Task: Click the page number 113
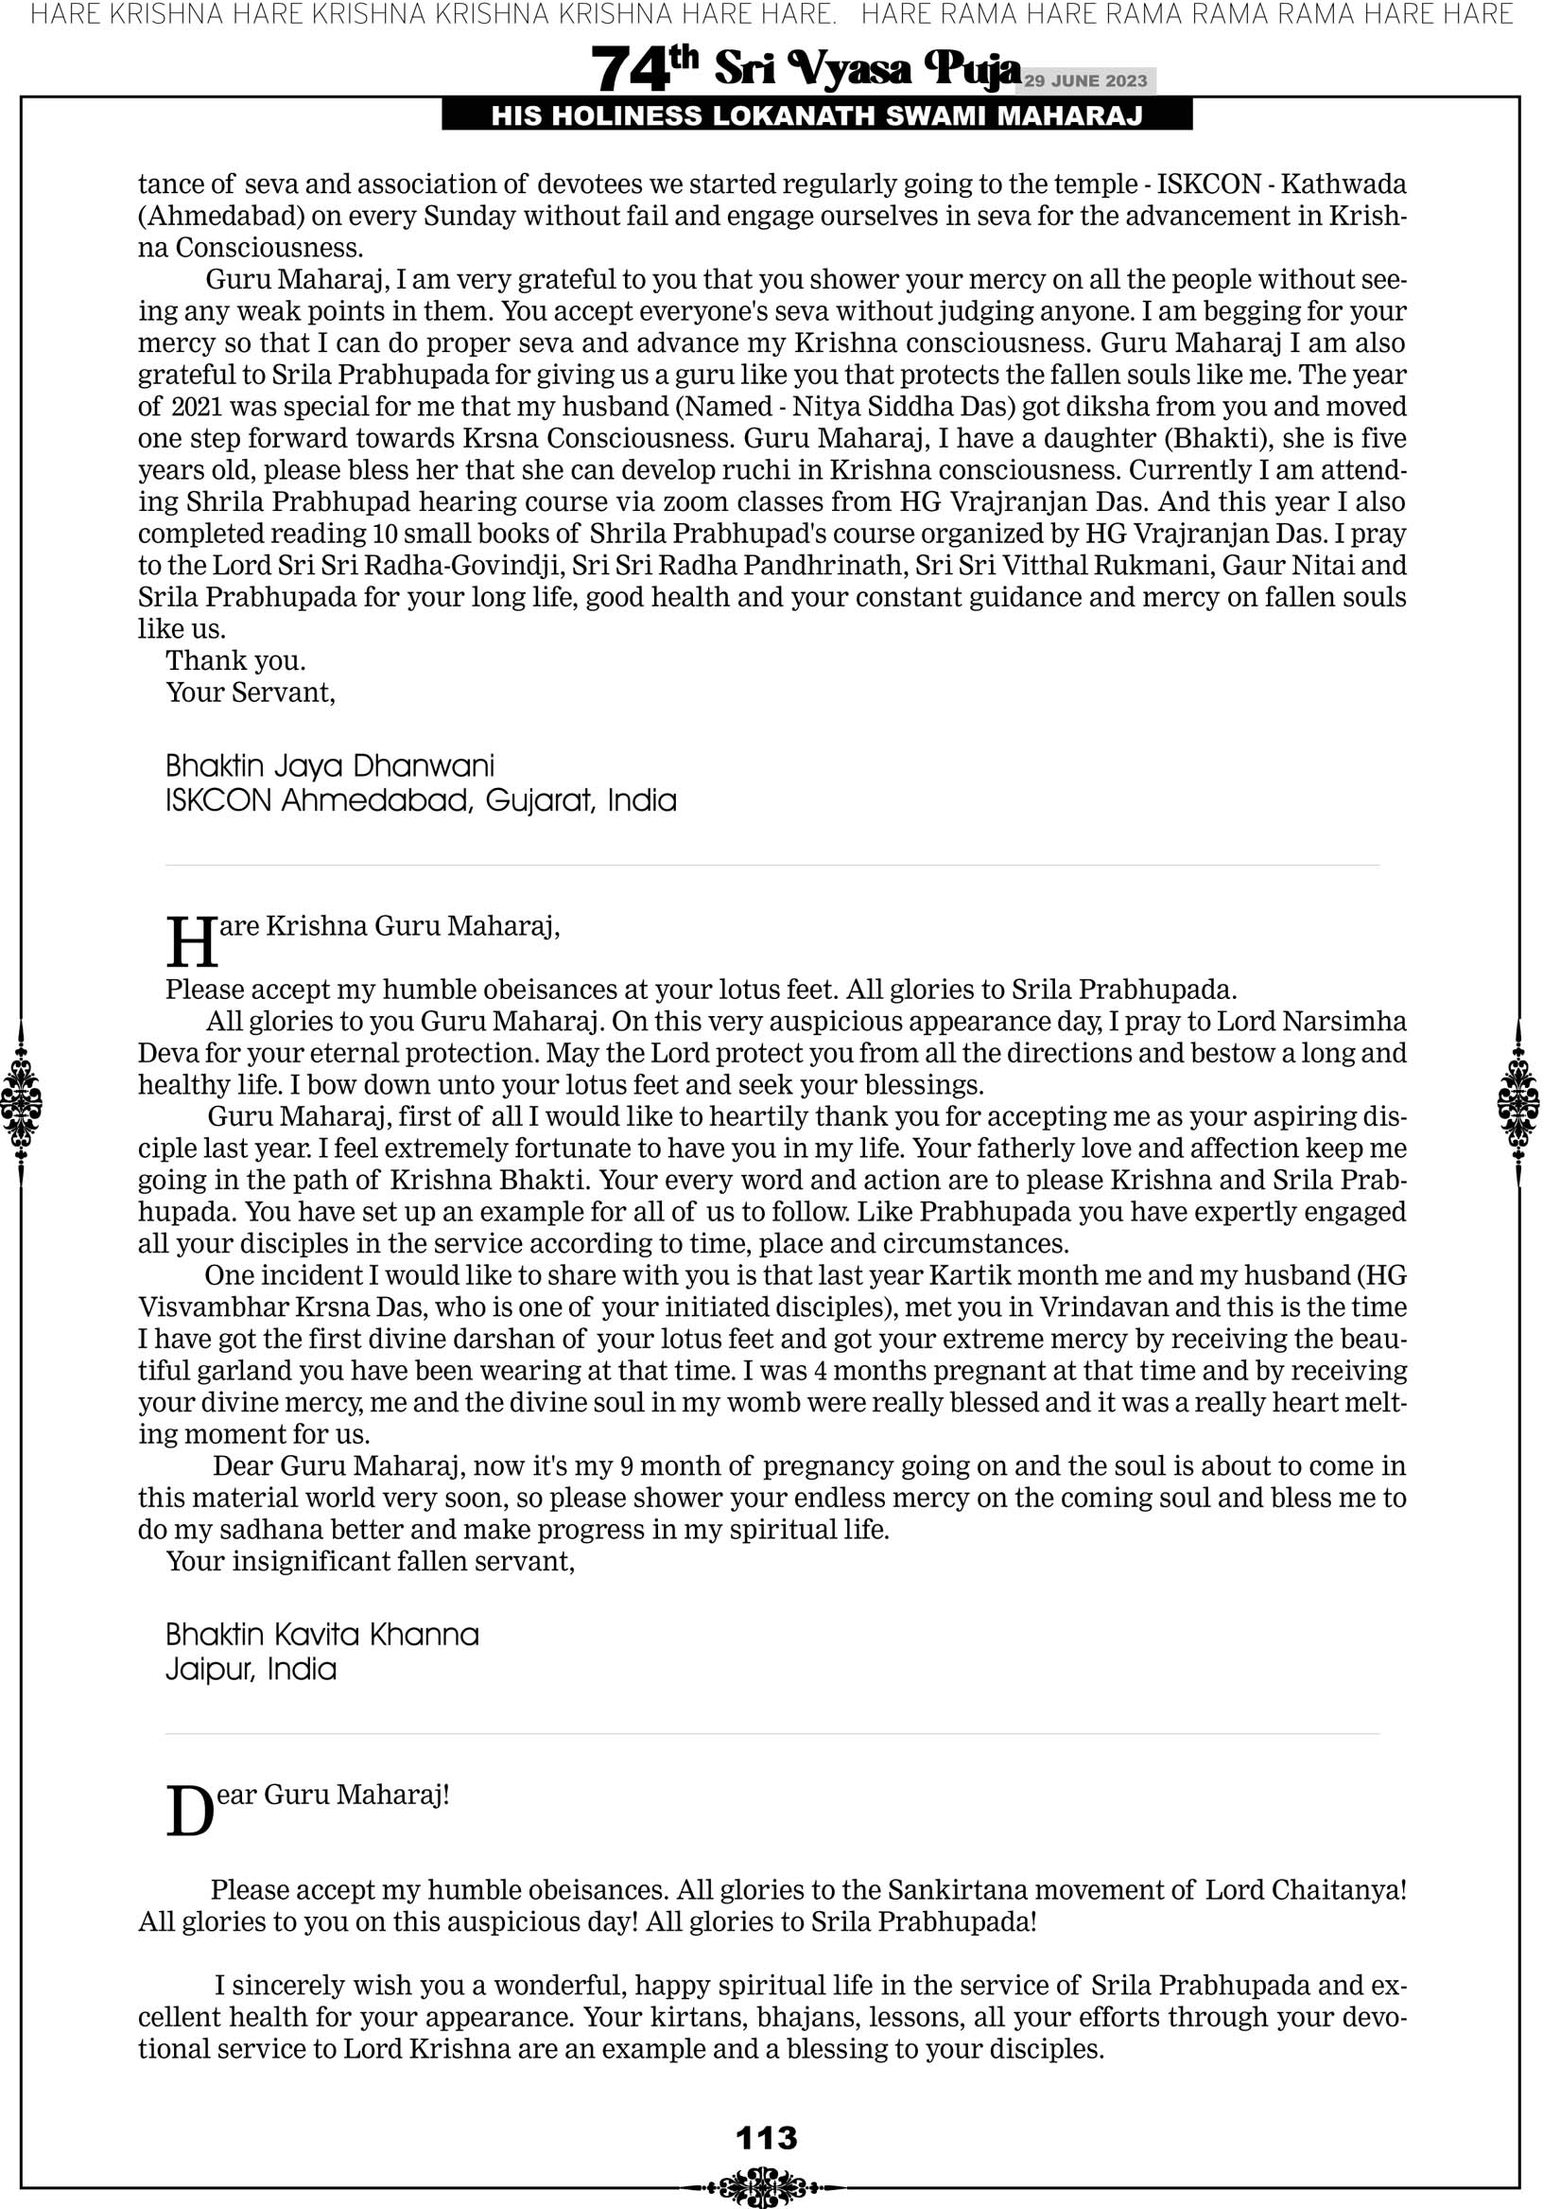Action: pyautogui.click(x=767, y=2138)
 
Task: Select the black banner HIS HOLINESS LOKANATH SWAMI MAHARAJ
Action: pyautogui.click(x=817, y=116)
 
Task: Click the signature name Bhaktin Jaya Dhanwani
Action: pyautogui.click(x=330, y=766)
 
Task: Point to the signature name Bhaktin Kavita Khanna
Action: pyautogui.click(x=322, y=1635)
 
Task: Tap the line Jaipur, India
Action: pyautogui.click(x=251, y=1669)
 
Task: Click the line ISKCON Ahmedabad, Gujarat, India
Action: pyautogui.click(x=422, y=800)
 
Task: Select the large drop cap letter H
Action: pyautogui.click(x=191, y=943)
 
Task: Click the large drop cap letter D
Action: pyautogui.click(x=189, y=1812)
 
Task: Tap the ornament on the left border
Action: pyautogui.click(x=21, y=1102)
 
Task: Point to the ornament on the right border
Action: pyautogui.click(x=1518, y=1102)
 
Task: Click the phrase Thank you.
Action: pyautogui.click(x=235, y=661)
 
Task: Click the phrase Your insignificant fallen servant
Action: pyautogui.click(x=371, y=1562)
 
